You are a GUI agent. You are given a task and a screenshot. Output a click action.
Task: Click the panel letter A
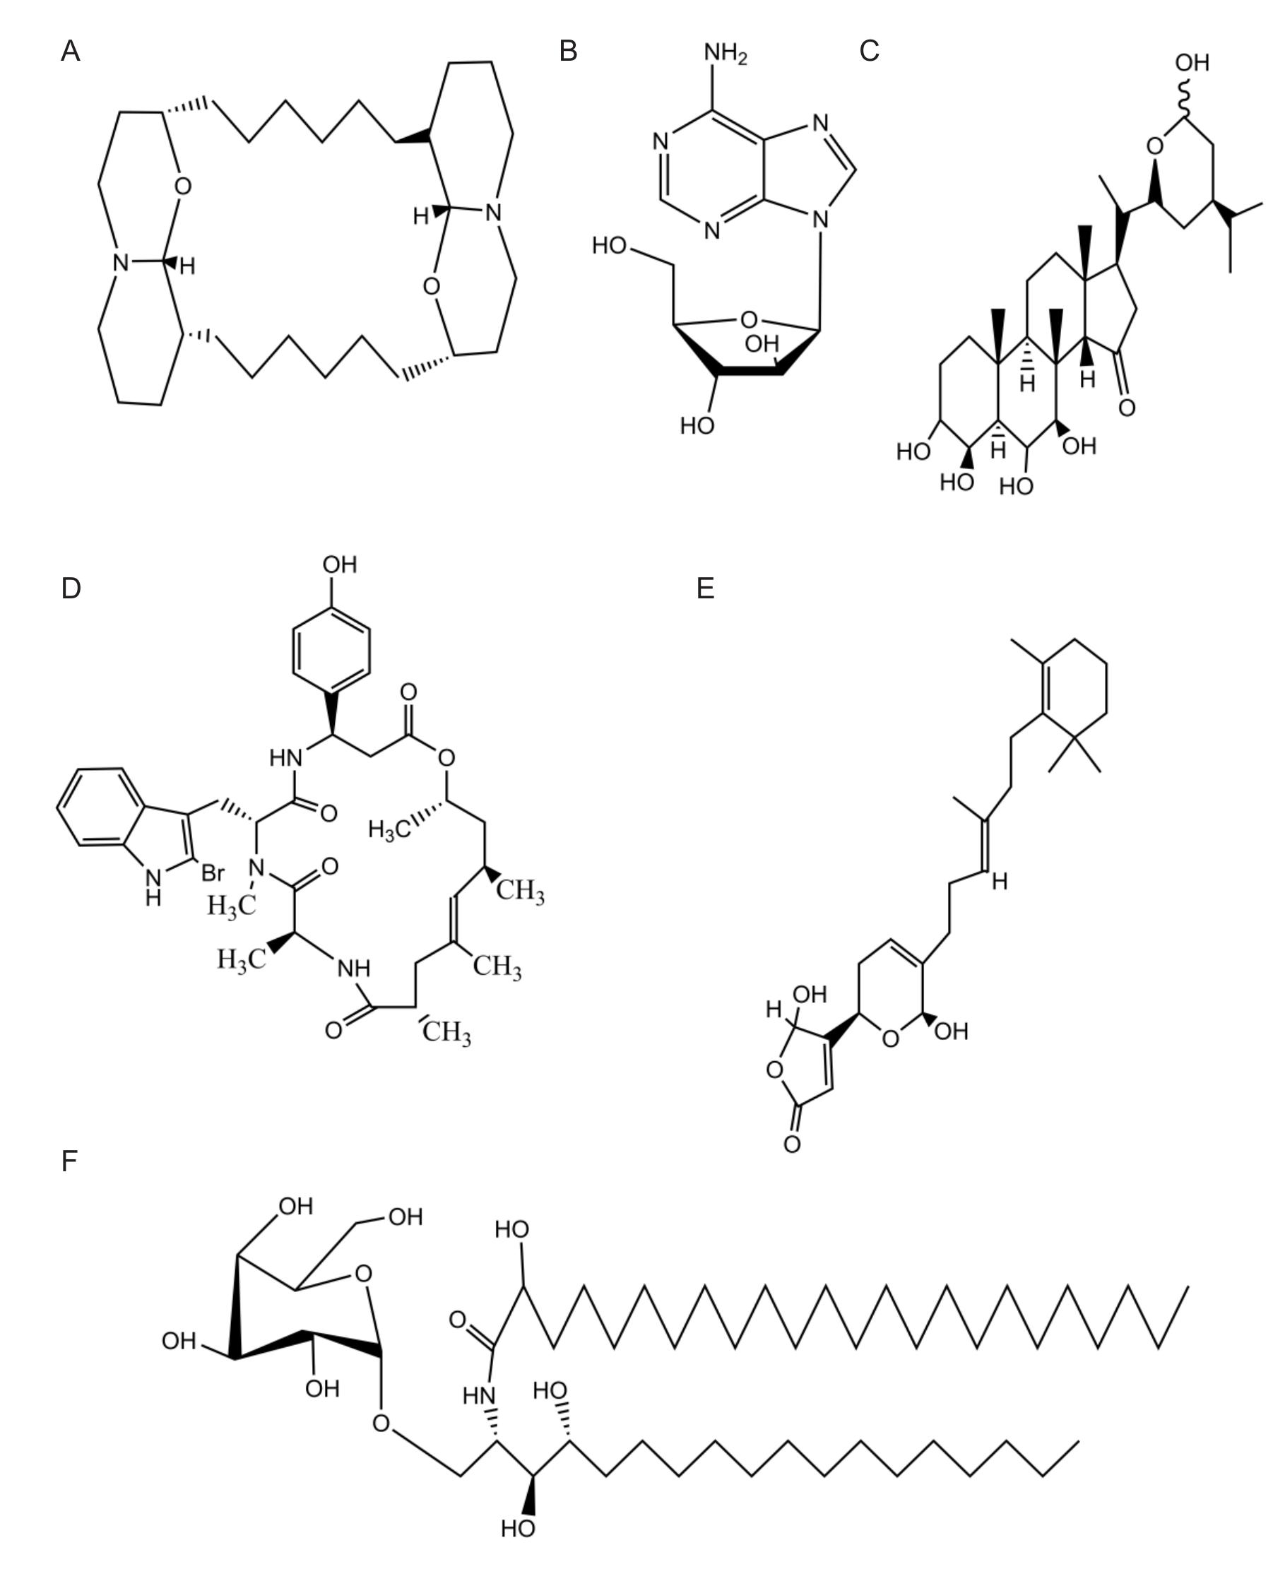[71, 52]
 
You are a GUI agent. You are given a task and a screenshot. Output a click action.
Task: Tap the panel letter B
[568, 52]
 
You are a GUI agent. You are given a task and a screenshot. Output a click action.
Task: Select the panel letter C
[869, 52]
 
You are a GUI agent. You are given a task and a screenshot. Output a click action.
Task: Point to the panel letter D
[71, 588]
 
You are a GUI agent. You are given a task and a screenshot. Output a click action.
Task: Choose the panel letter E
[706, 588]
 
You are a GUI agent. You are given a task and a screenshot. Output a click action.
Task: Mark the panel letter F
[69, 1161]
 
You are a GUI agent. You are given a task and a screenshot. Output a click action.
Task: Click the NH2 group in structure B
[726, 54]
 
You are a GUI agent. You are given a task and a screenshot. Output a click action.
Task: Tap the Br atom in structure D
[213, 873]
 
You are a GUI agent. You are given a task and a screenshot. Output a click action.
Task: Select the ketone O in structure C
[1127, 408]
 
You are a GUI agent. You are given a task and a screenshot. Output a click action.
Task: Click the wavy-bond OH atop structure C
[1192, 63]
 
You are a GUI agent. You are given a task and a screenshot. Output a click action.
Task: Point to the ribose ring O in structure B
[748, 320]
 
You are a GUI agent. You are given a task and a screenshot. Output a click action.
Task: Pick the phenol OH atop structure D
[341, 564]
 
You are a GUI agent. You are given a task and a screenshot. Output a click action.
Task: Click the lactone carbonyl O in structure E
[792, 1144]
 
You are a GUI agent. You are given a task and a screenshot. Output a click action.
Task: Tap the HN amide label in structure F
[480, 1395]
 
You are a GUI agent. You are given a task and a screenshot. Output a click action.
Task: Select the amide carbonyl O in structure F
[458, 1320]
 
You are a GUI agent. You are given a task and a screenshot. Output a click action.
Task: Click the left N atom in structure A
[121, 263]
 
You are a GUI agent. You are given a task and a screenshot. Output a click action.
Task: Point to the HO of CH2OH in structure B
[610, 245]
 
